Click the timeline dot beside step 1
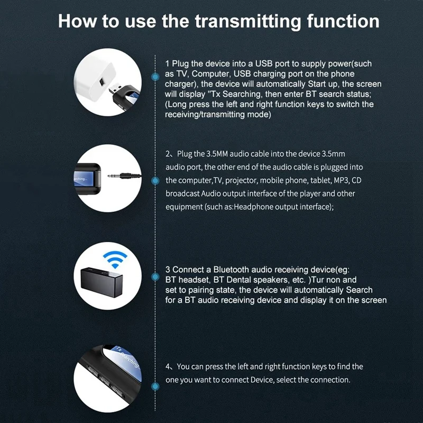pos(155,77)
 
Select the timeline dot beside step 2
pos(155,180)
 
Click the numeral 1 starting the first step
pos(168,63)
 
